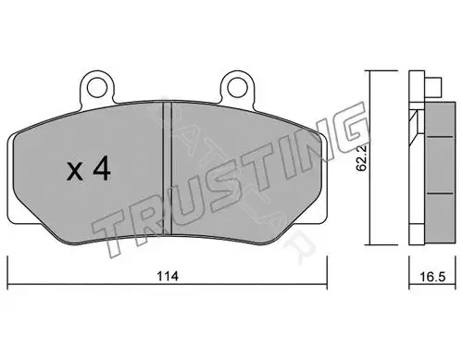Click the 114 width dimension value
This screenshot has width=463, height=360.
(168, 276)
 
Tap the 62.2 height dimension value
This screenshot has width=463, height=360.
(361, 158)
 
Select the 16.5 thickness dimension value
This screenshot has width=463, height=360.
(432, 277)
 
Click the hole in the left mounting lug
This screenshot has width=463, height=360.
(97, 88)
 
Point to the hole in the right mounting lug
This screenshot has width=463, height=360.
(238, 88)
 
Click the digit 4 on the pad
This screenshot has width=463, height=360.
(102, 168)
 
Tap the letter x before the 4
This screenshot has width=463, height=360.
(75, 172)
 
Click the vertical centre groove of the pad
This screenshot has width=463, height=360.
(167, 168)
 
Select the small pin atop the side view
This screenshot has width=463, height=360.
(433, 86)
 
